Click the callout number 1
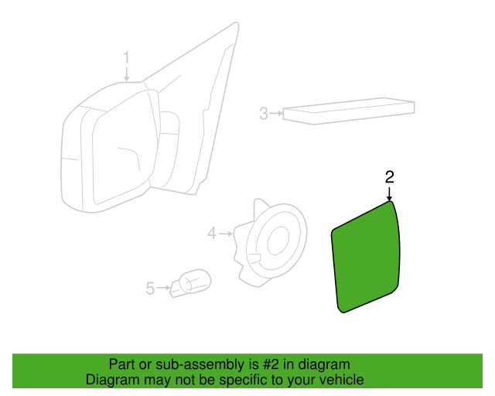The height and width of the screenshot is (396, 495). pos(126,58)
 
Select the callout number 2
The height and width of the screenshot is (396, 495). pos(390,177)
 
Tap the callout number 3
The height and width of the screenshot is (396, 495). pos(264,114)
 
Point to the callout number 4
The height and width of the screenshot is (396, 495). pos(212,234)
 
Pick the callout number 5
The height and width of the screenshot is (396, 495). pos(150,288)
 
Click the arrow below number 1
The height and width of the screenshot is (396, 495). pos(126,74)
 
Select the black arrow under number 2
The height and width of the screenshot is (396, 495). pos(390,193)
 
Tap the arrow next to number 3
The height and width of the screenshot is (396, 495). pos(277,113)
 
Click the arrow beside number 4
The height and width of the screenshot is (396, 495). pos(226,234)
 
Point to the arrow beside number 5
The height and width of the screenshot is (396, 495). pos(163,288)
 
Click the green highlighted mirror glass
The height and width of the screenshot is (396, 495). pos(366,258)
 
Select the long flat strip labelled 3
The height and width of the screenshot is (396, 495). pos(349,111)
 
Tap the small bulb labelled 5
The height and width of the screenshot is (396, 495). pos(191,283)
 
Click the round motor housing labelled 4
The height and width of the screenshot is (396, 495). pos(271,243)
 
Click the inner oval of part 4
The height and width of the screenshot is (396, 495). pos(278,241)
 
